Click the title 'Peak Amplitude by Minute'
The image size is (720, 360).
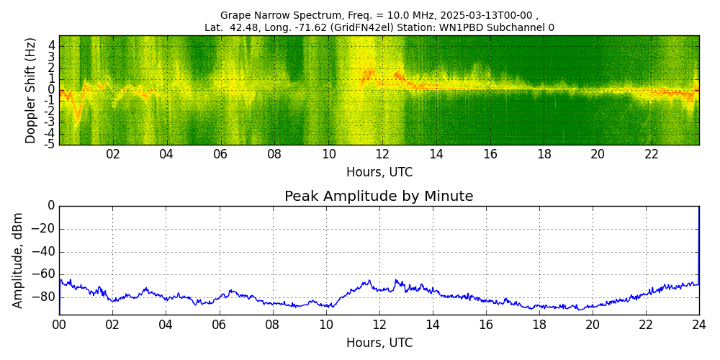[379, 196]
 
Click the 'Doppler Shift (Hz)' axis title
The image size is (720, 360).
[30, 90]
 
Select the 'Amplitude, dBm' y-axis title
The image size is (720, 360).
[19, 260]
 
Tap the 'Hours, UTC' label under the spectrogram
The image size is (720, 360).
[379, 172]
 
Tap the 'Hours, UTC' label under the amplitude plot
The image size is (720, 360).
[379, 343]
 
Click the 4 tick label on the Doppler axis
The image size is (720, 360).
[52, 45]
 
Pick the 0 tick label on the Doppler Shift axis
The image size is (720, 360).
[52, 90]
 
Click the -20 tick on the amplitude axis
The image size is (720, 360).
[45, 229]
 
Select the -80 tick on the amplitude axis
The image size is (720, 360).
[45, 297]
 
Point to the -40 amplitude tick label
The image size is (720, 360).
[45, 252]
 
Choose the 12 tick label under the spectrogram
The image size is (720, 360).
[382, 154]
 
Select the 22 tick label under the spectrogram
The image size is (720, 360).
[652, 154]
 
